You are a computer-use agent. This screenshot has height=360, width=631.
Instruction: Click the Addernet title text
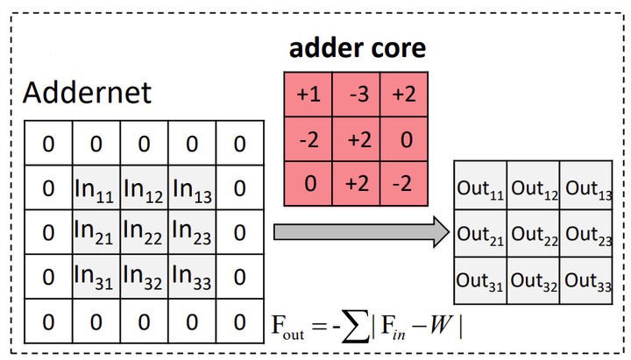(x=87, y=93)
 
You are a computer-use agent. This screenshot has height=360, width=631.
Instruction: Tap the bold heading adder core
(x=358, y=48)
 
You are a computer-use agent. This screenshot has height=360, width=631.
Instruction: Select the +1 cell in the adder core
(x=308, y=95)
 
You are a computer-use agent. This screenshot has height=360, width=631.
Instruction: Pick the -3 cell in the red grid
(x=356, y=95)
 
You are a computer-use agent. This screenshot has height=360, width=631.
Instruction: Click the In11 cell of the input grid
(x=96, y=187)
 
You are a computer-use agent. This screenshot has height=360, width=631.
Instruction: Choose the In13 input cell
(x=192, y=187)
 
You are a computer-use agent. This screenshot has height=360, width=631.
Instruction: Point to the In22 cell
(x=144, y=232)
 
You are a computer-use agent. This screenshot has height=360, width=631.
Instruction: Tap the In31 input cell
(x=96, y=277)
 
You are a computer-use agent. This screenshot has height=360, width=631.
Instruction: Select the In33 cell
(x=192, y=277)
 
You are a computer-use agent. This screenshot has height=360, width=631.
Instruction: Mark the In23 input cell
(x=192, y=232)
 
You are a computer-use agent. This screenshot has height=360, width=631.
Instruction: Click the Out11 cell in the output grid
(x=480, y=186)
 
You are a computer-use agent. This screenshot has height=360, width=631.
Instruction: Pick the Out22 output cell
(x=534, y=234)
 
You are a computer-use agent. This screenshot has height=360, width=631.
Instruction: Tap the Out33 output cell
(x=586, y=281)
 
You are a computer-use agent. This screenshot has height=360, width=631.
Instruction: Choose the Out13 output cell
(x=586, y=186)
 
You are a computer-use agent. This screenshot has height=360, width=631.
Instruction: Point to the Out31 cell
(x=480, y=281)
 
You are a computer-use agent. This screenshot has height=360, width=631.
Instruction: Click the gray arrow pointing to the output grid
(x=361, y=232)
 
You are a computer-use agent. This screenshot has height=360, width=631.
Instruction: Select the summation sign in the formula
(x=355, y=326)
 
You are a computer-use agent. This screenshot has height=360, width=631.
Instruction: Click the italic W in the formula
(x=442, y=325)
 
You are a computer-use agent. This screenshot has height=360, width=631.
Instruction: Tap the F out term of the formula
(x=287, y=327)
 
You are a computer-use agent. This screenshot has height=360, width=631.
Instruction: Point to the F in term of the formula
(x=393, y=327)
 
